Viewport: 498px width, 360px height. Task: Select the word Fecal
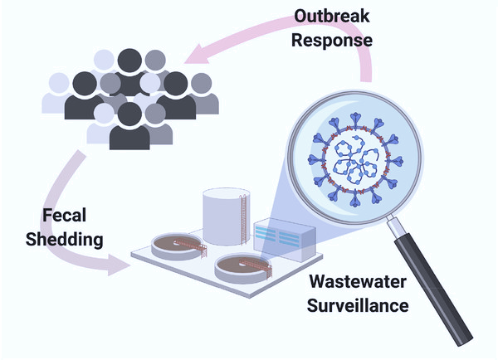67,217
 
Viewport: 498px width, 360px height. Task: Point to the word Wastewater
358,282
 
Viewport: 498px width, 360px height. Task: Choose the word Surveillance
358,304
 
